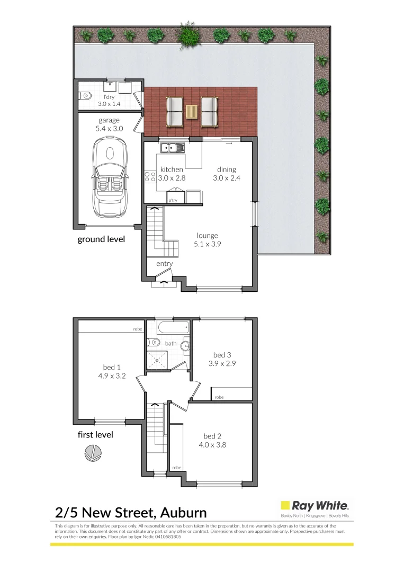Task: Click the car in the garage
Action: [110, 176]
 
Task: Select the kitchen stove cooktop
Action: [149, 176]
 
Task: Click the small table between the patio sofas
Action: [191, 112]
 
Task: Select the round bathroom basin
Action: [185, 346]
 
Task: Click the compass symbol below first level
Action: [92, 453]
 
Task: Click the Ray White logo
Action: [315, 506]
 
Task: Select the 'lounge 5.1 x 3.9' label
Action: [207, 240]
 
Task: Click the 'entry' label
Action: [164, 264]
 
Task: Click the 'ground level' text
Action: [101, 239]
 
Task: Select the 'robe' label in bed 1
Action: [138, 329]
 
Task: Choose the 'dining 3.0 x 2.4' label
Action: [226, 174]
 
